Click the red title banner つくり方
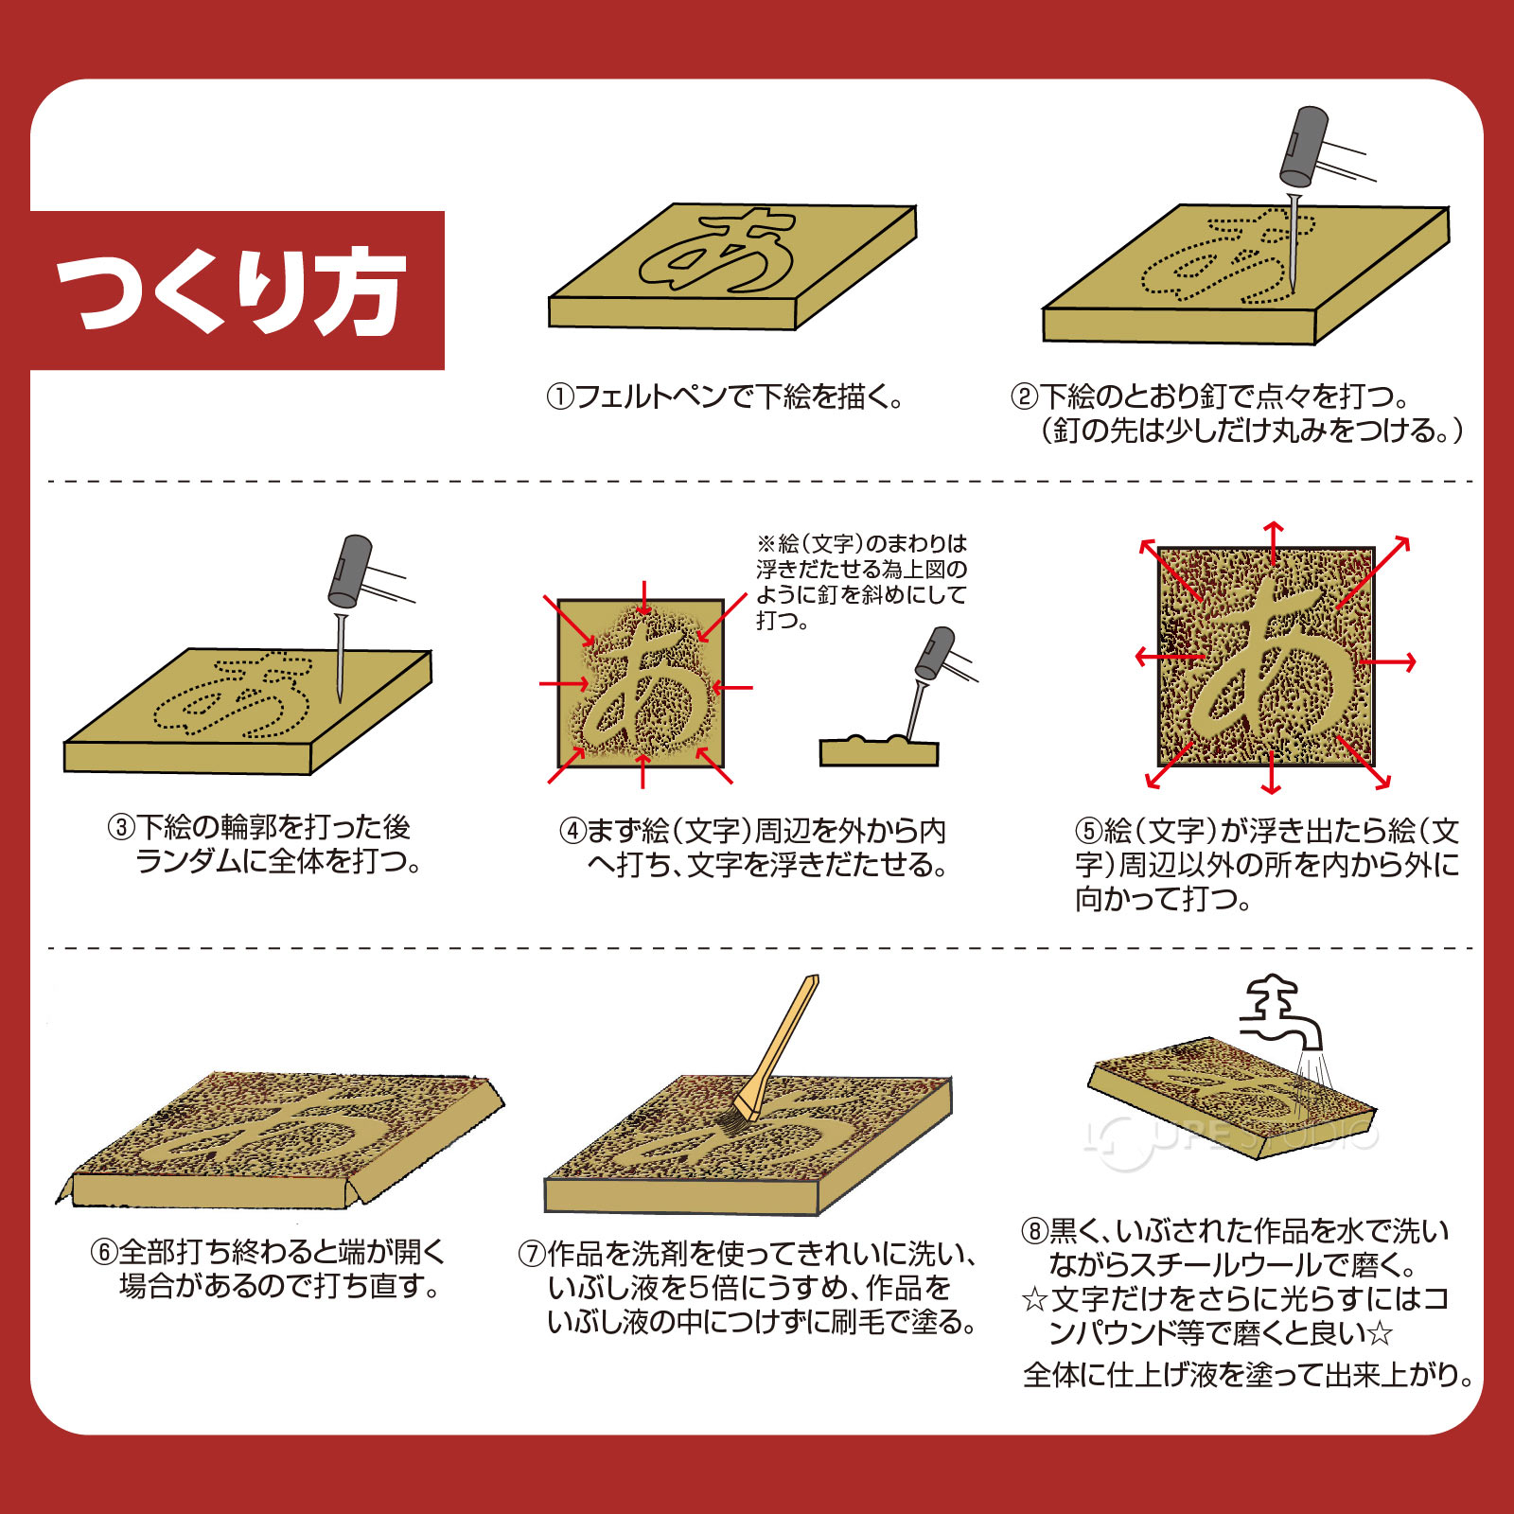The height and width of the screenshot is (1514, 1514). pos(237,290)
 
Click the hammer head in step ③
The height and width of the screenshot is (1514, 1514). pos(349,570)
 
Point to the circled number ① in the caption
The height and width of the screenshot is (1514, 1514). pos(559,396)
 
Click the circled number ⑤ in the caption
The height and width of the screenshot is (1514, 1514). pos(1088,832)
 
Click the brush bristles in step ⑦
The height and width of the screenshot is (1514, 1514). pos(730,1123)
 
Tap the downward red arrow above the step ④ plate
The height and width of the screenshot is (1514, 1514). pos(644,598)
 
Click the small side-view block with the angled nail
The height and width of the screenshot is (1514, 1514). pos(878,752)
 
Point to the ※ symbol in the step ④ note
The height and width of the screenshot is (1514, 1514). pos(766,544)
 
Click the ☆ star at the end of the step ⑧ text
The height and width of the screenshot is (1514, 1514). pos(1381,1334)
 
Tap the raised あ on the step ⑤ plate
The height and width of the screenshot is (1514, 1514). pos(1268,662)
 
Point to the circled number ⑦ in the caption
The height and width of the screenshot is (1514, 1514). pos(531,1255)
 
